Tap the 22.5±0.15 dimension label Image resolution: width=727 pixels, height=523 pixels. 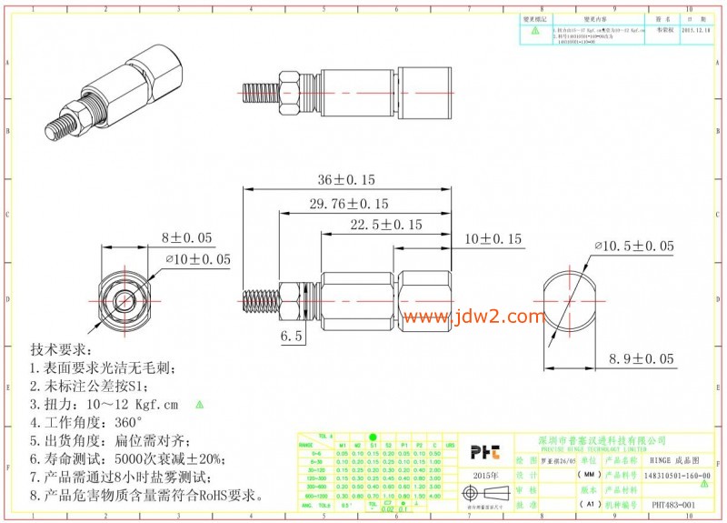(x=386, y=224)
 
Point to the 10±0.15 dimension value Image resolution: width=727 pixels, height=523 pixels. (x=493, y=239)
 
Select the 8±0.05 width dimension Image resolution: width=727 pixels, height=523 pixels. (x=186, y=238)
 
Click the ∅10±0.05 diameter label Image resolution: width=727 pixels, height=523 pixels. (x=197, y=260)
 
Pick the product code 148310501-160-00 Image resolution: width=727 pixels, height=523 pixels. (x=677, y=476)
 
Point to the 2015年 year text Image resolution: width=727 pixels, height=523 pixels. (x=485, y=476)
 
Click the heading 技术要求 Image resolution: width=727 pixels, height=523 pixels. (x=62, y=350)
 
